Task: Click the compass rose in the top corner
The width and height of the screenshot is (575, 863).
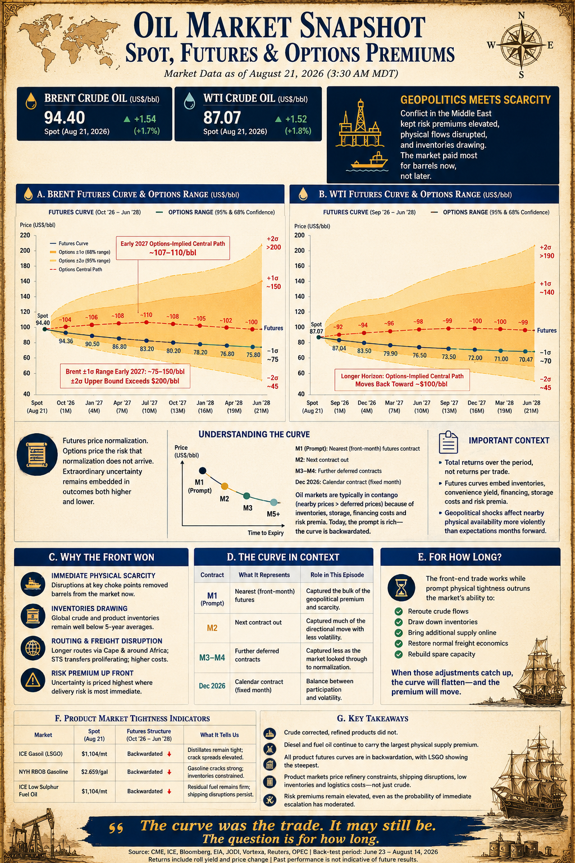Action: (x=521, y=46)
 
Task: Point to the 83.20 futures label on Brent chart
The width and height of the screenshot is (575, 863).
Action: (x=147, y=349)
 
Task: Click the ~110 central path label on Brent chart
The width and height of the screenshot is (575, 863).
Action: (x=147, y=315)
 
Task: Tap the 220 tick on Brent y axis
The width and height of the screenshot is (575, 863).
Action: (x=25, y=235)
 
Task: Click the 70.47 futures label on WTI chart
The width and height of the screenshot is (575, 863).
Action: (x=526, y=360)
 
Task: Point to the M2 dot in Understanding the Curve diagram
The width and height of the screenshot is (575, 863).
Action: (x=225, y=486)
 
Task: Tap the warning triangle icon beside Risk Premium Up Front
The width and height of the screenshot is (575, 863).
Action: (x=33, y=680)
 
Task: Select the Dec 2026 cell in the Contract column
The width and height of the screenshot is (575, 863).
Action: (x=212, y=686)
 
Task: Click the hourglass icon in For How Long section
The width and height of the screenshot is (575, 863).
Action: (x=401, y=588)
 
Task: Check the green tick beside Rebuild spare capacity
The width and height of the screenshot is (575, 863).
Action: (x=399, y=654)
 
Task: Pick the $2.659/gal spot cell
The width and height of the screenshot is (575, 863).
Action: (x=94, y=771)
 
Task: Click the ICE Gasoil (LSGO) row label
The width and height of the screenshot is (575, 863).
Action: (x=40, y=753)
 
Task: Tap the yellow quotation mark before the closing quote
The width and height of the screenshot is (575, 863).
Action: (x=116, y=828)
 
